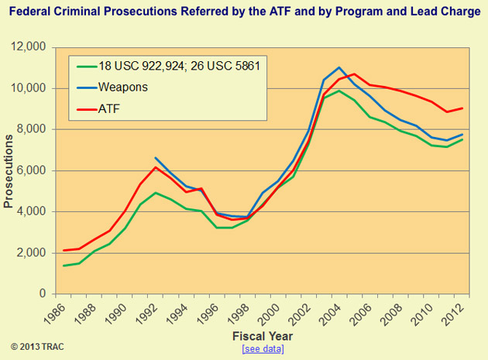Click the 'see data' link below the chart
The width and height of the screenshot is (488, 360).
click(263, 349)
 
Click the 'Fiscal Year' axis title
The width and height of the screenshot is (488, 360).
click(263, 337)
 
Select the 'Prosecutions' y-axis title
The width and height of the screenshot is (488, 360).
click(9, 171)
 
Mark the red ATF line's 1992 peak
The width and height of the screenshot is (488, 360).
click(156, 167)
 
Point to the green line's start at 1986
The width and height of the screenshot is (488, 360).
click(64, 266)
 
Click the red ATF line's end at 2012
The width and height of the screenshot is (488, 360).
click(462, 108)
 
